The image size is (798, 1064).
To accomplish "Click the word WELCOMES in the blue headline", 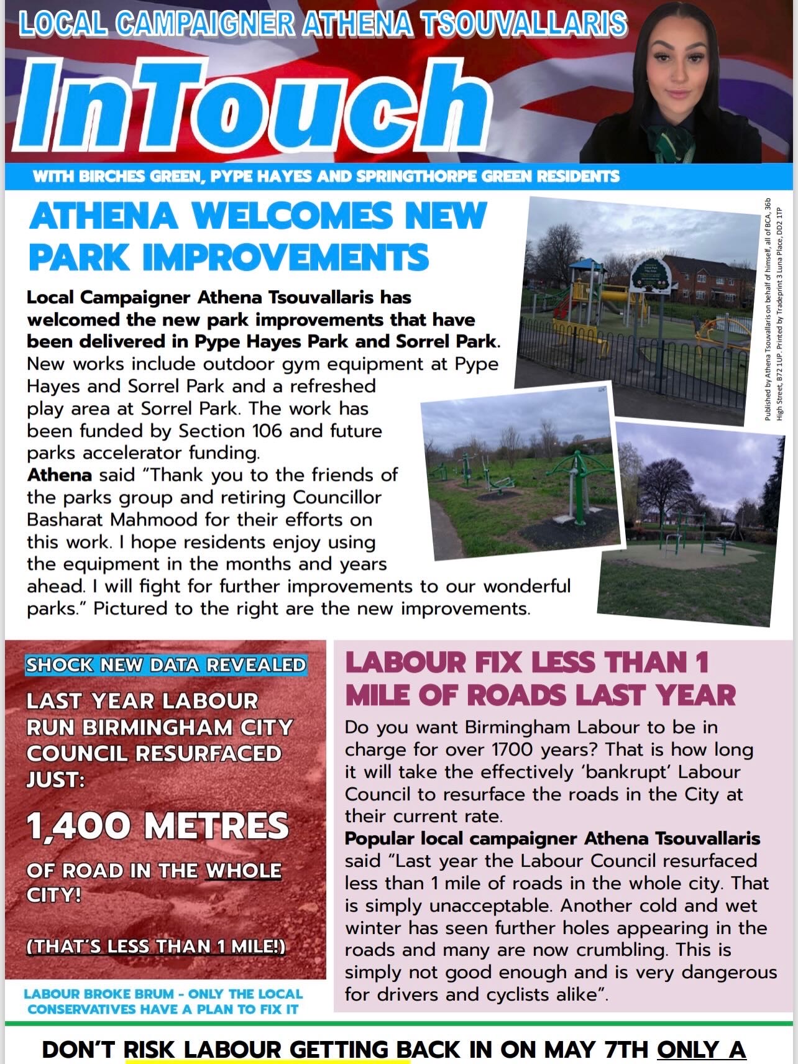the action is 293,216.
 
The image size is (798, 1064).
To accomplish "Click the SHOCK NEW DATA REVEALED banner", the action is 165,665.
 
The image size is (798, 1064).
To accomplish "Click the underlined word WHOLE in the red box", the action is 243,871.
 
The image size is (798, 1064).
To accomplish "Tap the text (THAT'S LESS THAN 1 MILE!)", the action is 156,946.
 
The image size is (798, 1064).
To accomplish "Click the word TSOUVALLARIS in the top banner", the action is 523,24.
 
